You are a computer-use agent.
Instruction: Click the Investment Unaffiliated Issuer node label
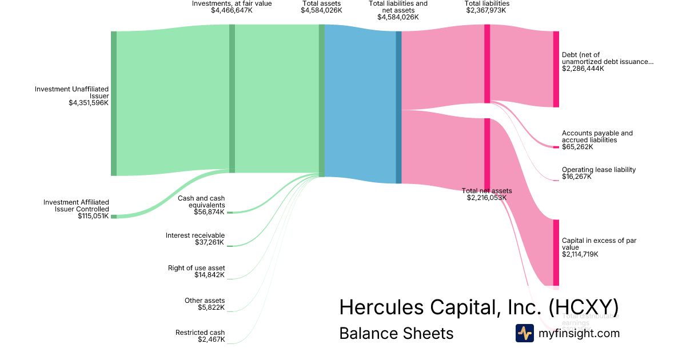coord(71,93)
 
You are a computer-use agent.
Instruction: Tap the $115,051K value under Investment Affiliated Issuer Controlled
coord(93,216)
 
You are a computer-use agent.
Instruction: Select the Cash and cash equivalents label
coord(201,201)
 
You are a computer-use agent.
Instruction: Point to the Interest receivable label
coord(195,235)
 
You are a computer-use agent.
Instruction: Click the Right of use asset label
coord(196,268)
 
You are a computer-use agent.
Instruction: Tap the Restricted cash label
coord(200,333)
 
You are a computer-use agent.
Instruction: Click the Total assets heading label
coord(321,3)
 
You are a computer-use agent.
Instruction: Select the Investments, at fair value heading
coord(232,3)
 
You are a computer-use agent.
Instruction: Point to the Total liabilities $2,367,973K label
coord(487,7)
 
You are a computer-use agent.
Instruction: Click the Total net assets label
coord(486,191)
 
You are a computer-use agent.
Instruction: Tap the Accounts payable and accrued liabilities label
coord(597,137)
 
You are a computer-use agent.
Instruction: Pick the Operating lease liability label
coord(599,170)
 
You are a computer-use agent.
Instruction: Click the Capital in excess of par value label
coord(599,244)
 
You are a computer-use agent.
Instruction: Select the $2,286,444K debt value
coord(583,69)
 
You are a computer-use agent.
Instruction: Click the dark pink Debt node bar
coord(556,69)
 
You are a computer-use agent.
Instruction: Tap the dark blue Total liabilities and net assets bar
coord(398,107)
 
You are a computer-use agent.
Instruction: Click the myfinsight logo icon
coord(524,333)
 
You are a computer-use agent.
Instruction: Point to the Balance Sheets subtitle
coord(396,333)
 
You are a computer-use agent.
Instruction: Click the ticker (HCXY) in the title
coord(583,307)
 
